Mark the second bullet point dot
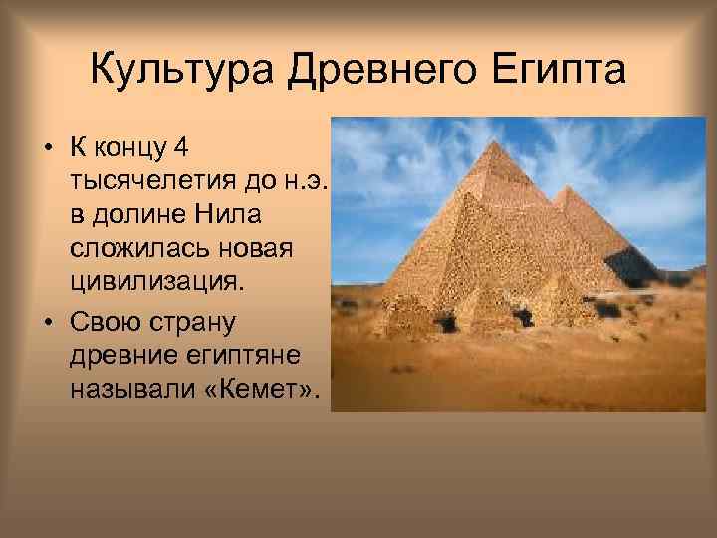coord(47,324)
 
